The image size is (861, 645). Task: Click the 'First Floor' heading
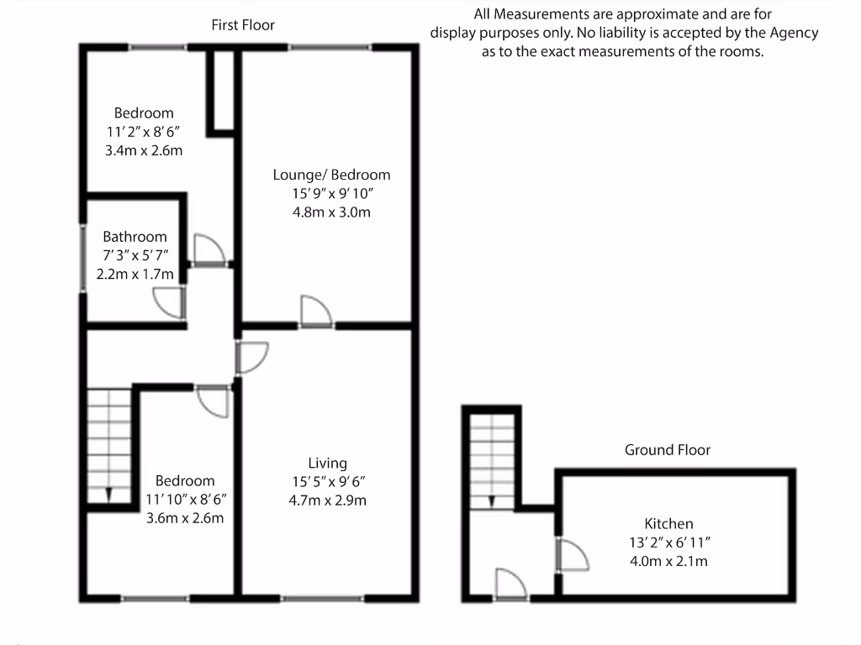coord(243,25)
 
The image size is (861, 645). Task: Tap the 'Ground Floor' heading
coord(667,450)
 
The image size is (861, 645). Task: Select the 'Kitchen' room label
coord(668,524)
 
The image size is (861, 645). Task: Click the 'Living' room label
coord(327,464)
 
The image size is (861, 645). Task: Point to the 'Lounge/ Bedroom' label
coord(331,176)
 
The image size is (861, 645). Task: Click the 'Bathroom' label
coord(135,237)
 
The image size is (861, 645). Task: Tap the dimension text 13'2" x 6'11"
coord(669,543)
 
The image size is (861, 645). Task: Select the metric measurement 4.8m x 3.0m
coord(331,212)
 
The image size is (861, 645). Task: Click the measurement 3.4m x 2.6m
coord(144,151)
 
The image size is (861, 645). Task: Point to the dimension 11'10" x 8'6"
coord(185,500)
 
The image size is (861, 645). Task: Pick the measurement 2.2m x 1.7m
coord(135,274)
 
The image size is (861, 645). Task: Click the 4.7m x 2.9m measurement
coord(327,501)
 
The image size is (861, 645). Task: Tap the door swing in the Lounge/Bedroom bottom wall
coord(316,311)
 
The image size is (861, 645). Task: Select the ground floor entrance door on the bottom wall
coord(510,584)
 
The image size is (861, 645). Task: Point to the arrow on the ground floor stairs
coord(491,501)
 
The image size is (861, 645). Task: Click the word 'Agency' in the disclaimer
coord(795,34)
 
